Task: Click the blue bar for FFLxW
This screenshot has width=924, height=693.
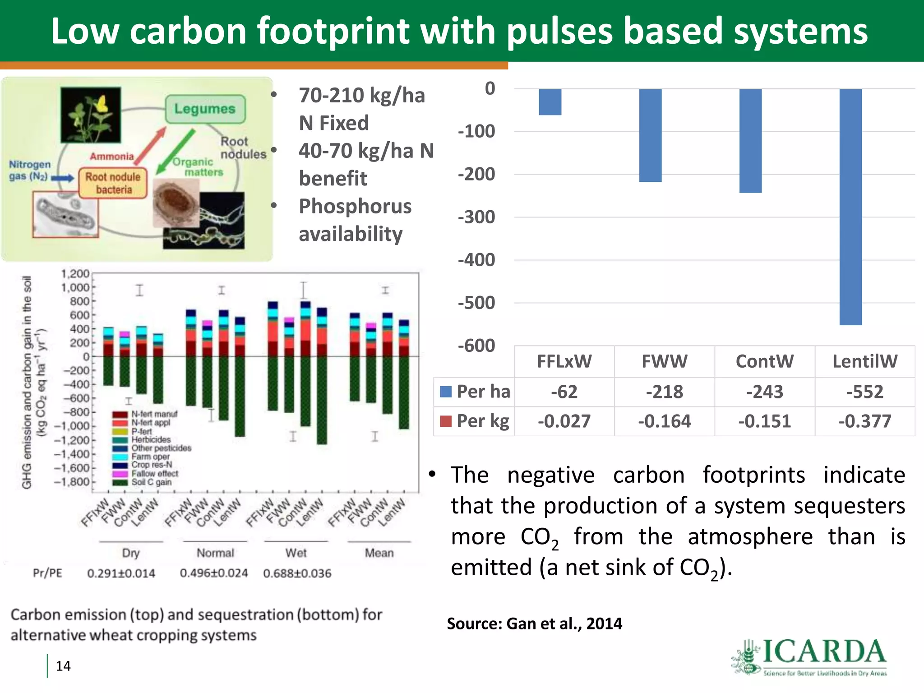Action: (x=550, y=102)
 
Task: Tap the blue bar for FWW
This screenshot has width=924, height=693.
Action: (x=650, y=135)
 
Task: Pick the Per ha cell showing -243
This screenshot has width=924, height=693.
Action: (x=765, y=392)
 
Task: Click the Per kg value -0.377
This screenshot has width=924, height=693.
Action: (x=865, y=421)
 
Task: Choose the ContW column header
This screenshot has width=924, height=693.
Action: (x=765, y=361)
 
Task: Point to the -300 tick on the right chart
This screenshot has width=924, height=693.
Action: (x=476, y=217)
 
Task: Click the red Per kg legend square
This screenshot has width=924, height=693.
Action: (x=446, y=421)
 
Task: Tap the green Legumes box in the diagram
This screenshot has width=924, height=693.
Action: (x=205, y=109)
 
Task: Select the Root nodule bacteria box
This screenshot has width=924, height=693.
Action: (x=113, y=183)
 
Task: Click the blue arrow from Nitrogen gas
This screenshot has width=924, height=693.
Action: (x=62, y=178)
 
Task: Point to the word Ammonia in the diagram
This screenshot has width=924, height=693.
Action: (x=112, y=157)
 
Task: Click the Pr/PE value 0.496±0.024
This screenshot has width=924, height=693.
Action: (x=214, y=573)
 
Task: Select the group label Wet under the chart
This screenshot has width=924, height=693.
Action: (x=296, y=553)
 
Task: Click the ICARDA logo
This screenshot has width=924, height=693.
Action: (x=810, y=657)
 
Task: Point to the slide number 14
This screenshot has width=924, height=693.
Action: (x=63, y=666)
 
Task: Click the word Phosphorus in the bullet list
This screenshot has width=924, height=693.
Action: (x=355, y=206)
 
